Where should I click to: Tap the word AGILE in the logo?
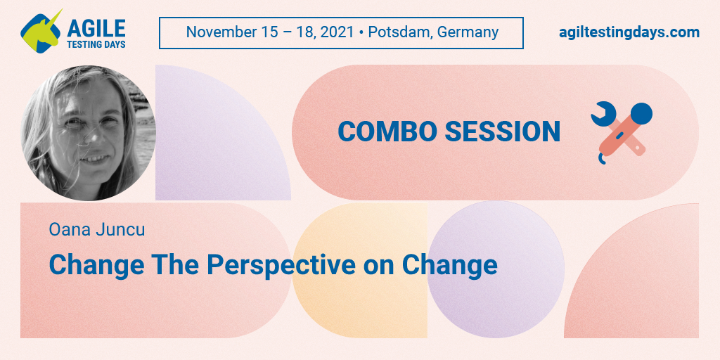point(96,28)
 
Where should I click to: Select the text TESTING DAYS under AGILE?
point(96,44)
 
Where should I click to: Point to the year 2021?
point(337,32)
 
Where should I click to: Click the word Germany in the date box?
point(468,33)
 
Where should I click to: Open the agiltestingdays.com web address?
point(629,33)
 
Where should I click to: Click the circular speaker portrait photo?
point(88,133)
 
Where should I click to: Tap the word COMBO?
point(387,131)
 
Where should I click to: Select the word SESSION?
point(503,131)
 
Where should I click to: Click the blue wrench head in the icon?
point(603,113)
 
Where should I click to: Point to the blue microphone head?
point(641,113)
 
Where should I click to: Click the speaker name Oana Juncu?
point(97,230)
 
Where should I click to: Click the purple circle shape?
point(496,269)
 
